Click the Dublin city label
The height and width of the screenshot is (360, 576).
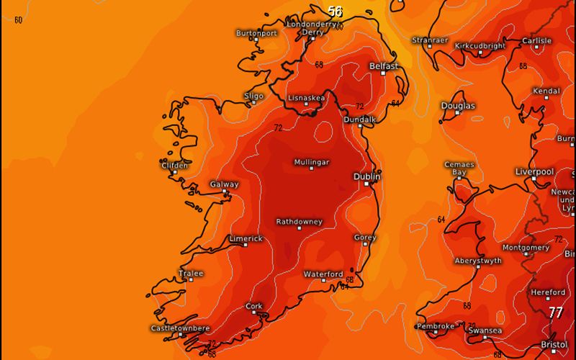click(367, 176)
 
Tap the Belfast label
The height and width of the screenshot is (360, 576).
click(384, 66)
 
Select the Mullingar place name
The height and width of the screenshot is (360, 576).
click(312, 162)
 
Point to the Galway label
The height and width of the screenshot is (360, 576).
click(224, 184)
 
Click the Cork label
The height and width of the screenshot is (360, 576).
click(253, 306)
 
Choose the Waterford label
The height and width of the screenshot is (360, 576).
click(323, 274)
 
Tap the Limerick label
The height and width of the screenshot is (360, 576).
click(246, 238)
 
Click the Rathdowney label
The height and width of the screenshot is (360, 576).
click(300, 222)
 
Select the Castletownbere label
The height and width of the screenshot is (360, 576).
click(180, 328)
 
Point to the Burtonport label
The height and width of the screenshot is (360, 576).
click(257, 33)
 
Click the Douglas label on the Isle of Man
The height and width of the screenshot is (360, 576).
click(458, 106)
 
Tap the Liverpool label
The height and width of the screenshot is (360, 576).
click(534, 171)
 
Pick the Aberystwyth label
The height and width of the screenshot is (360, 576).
click(478, 261)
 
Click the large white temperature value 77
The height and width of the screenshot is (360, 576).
click(556, 312)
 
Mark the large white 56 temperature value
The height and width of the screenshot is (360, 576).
click(335, 12)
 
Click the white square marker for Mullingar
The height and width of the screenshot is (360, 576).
click(312, 169)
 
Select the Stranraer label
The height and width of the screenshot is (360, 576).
click(430, 40)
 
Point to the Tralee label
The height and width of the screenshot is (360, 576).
click(191, 274)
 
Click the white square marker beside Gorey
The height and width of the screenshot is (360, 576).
click(366, 246)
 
